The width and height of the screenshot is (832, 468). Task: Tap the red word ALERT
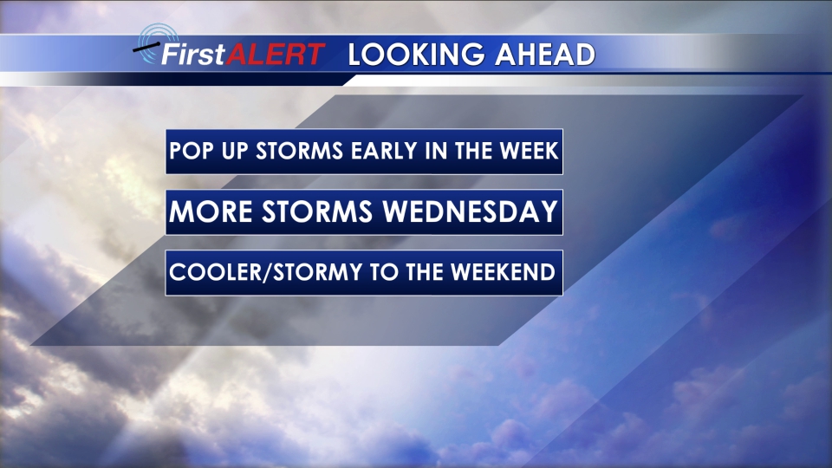pyautogui.click(x=276, y=54)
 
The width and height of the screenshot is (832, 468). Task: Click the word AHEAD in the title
pyautogui.click(x=545, y=55)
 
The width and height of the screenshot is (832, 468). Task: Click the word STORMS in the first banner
pyautogui.click(x=300, y=151)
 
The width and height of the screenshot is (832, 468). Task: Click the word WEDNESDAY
pyautogui.click(x=470, y=211)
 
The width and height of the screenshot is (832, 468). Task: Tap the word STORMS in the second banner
pyautogui.click(x=317, y=211)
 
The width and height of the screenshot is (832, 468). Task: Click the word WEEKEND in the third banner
pyautogui.click(x=503, y=272)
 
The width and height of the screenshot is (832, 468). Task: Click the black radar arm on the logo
pyautogui.click(x=146, y=48)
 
